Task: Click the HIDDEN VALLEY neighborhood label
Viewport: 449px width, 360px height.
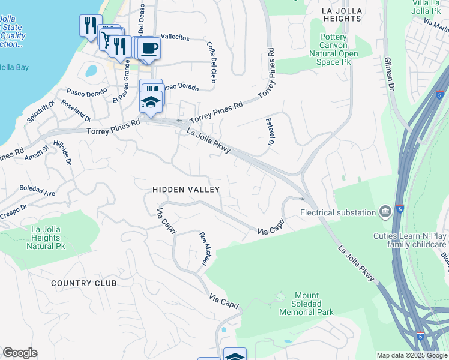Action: [186, 190]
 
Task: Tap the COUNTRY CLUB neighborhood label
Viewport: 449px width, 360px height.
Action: [83, 283]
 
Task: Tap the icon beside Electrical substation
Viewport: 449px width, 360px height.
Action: [385, 212]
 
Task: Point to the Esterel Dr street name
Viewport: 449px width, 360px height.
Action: [270, 132]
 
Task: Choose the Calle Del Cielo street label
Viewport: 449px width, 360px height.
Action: [212, 62]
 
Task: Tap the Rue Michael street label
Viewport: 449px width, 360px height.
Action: [205, 250]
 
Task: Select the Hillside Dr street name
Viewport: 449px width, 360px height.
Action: [62, 152]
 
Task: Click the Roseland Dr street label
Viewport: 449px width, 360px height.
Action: [74, 110]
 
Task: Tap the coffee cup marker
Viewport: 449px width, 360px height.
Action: [149, 49]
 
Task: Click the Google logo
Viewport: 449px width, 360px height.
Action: [20, 353]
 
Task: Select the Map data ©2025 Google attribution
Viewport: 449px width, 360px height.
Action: [412, 355]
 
